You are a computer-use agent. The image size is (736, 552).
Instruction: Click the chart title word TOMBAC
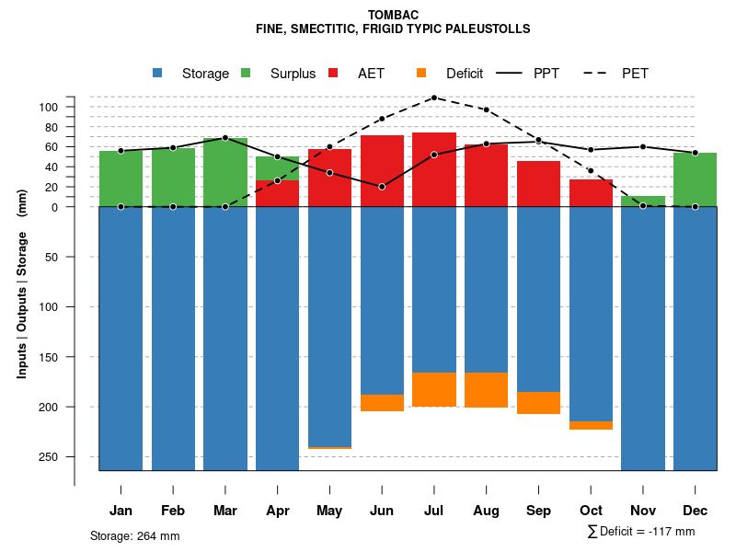coord(393,15)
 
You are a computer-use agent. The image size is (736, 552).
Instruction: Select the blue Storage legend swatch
coord(157,73)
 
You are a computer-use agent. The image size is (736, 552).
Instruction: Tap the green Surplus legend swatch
coord(246,73)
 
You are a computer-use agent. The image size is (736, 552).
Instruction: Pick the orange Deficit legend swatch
coord(421,73)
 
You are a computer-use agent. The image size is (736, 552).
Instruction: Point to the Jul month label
coord(434,511)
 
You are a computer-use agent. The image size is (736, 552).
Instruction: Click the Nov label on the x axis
coord(643,511)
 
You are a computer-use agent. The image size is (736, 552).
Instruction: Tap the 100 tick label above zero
coord(49,107)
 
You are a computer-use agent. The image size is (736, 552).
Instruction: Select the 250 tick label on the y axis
coord(49,456)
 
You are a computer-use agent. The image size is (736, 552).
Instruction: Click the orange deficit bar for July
coord(434,389)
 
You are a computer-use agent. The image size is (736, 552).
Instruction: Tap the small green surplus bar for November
coord(643,201)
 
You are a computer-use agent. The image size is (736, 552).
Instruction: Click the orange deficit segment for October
coord(591,425)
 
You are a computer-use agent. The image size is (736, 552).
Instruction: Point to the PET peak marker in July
coord(434,97)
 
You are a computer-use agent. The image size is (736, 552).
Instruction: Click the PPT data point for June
coord(382,187)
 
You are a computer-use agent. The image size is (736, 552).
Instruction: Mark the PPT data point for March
coord(225,138)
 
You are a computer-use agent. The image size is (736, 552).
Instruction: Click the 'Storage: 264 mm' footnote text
coord(135,535)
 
